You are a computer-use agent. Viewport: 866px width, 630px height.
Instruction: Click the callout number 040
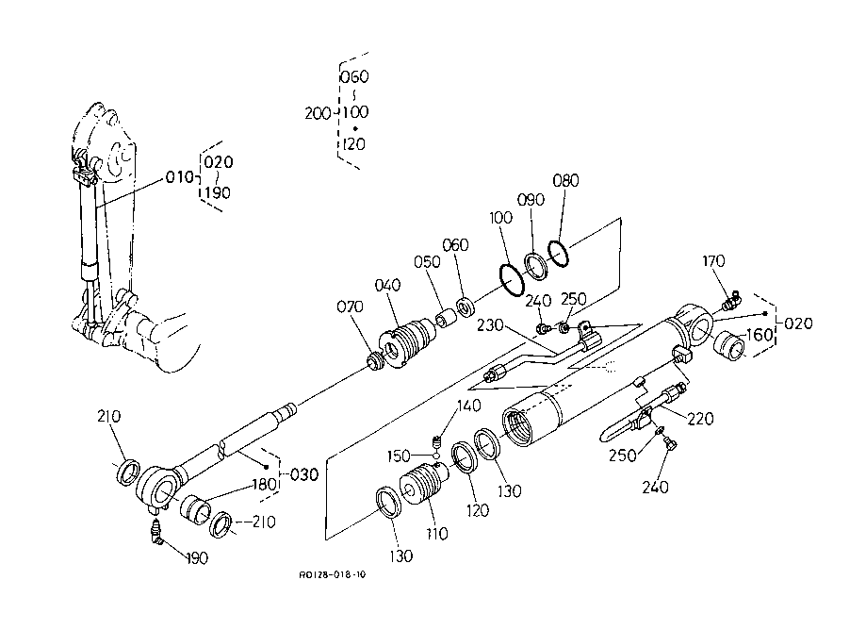(387, 286)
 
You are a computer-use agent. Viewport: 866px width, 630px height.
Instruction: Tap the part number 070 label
(351, 307)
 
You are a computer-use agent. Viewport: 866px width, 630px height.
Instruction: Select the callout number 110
(437, 534)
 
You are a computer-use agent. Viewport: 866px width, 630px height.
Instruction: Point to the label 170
(713, 261)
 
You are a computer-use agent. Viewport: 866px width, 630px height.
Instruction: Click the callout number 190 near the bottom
(196, 558)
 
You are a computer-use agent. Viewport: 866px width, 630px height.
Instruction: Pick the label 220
(700, 419)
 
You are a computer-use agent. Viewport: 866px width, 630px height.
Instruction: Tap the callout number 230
(490, 325)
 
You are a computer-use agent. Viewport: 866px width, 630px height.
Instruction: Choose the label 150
(399, 456)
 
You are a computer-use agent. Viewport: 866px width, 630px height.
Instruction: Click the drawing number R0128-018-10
(333, 574)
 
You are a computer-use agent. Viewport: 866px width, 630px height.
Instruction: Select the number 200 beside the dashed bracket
(318, 113)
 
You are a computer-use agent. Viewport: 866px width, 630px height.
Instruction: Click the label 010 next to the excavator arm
(179, 177)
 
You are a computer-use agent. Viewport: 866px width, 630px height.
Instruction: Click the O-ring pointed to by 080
(559, 253)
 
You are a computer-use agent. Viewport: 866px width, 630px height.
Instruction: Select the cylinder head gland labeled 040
(406, 342)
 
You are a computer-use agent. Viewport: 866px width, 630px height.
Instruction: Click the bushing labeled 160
(729, 345)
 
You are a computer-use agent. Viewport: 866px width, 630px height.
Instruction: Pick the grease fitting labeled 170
(732, 300)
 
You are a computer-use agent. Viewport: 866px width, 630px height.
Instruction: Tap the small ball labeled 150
(436, 456)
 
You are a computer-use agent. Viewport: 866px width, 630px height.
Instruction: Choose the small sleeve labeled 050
(447, 320)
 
